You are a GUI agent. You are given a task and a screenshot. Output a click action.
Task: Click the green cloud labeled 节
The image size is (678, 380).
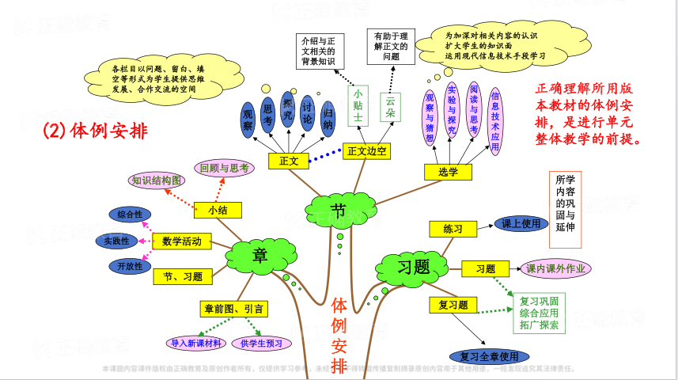338,210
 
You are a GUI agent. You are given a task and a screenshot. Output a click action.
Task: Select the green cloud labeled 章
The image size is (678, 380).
258,255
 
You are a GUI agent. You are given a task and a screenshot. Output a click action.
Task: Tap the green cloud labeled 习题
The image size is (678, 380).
413,265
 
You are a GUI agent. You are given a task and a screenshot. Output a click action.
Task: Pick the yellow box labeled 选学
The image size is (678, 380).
448,171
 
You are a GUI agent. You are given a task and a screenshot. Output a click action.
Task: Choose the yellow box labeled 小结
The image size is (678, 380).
218,210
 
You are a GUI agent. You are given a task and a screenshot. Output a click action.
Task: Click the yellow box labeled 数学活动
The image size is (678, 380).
182,241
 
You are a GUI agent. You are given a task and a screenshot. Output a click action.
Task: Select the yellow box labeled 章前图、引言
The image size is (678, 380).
234,308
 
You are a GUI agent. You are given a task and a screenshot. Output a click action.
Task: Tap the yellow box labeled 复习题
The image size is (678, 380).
453,304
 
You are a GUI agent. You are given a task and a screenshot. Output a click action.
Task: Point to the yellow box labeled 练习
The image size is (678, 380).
453,229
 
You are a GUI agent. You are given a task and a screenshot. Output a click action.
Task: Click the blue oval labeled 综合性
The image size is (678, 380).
130,215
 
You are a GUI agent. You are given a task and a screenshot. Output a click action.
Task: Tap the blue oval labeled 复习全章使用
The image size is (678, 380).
489,356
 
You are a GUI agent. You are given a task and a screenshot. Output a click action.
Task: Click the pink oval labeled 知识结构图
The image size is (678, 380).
157,180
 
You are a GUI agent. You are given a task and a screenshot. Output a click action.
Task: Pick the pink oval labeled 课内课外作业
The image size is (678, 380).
557,269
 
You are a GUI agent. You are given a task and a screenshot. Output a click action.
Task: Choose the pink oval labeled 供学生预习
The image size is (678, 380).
261,343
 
